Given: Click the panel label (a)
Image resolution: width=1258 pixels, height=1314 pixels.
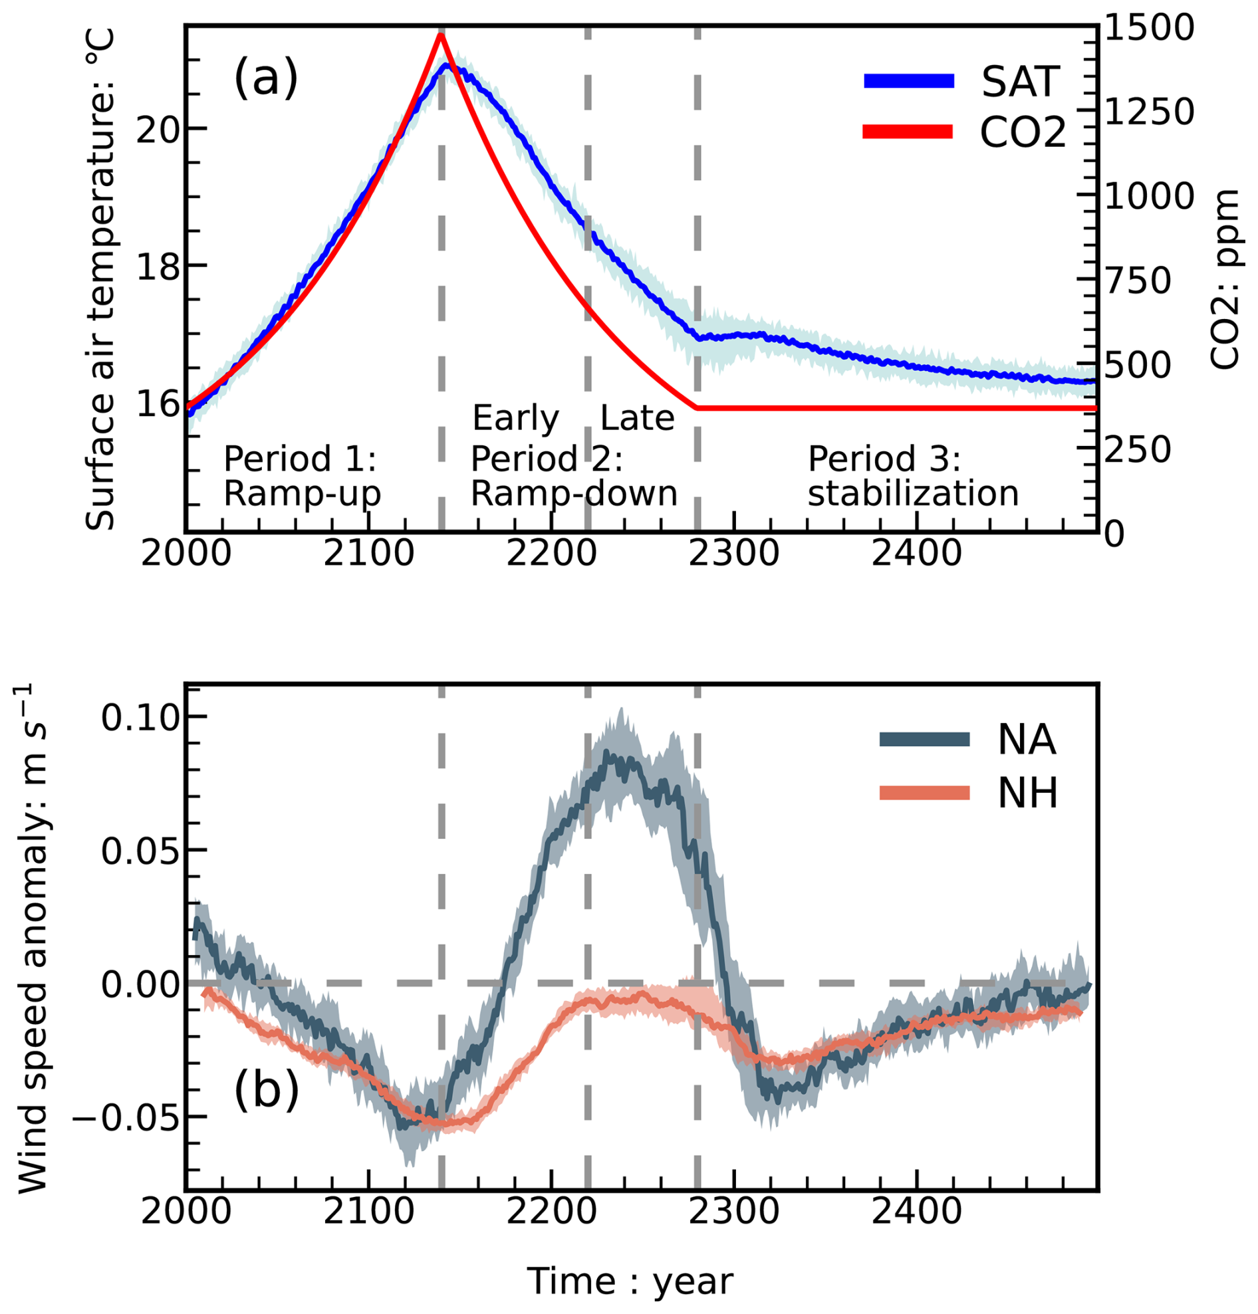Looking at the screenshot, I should (265, 78).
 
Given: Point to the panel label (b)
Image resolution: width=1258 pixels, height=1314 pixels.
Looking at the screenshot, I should (266, 1090).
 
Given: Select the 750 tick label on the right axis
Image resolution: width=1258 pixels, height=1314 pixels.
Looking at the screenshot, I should (1137, 281).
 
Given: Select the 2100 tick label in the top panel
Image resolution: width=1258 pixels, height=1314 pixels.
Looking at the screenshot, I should (369, 554).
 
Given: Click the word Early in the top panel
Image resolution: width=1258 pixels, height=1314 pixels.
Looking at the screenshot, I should (515, 418).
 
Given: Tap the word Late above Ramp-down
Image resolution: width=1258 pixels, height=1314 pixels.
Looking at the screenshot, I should (636, 418).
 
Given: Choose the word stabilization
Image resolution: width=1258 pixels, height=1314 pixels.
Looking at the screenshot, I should (913, 494).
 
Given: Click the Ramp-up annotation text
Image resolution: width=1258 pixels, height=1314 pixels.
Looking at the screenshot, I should (302, 494).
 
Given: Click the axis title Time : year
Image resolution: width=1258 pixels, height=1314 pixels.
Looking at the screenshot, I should (630, 1282).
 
